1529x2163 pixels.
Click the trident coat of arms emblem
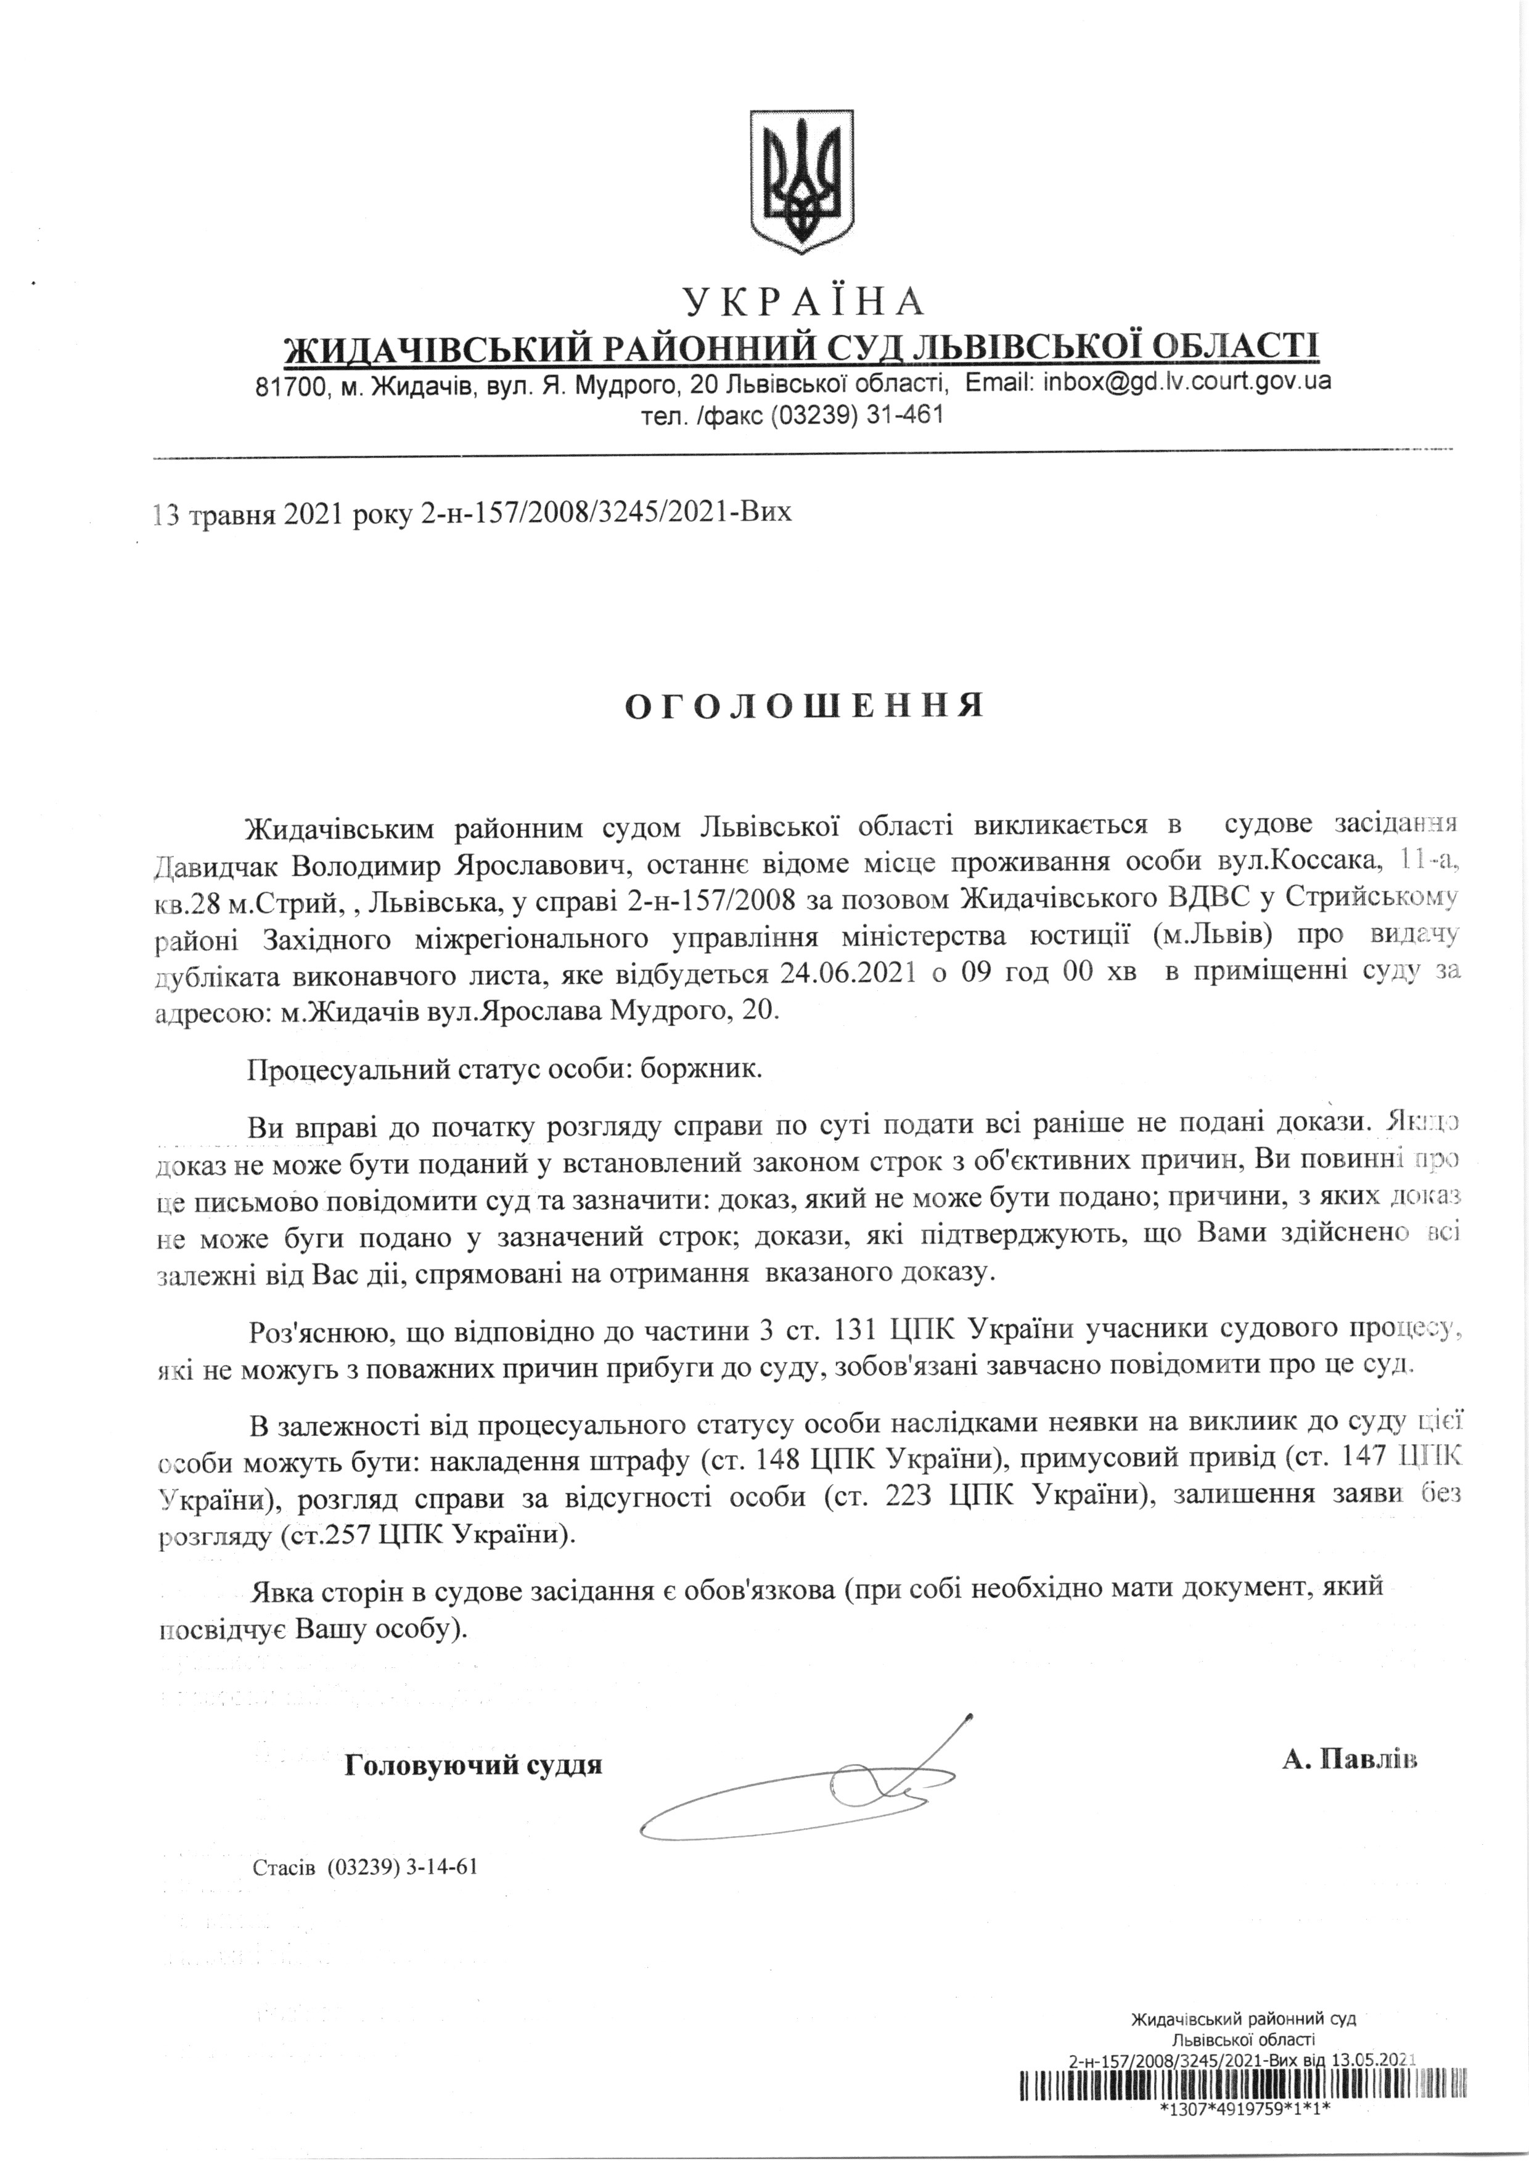[x=801, y=180]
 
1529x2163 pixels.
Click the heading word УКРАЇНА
[x=803, y=302]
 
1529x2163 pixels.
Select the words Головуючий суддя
[x=474, y=1765]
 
